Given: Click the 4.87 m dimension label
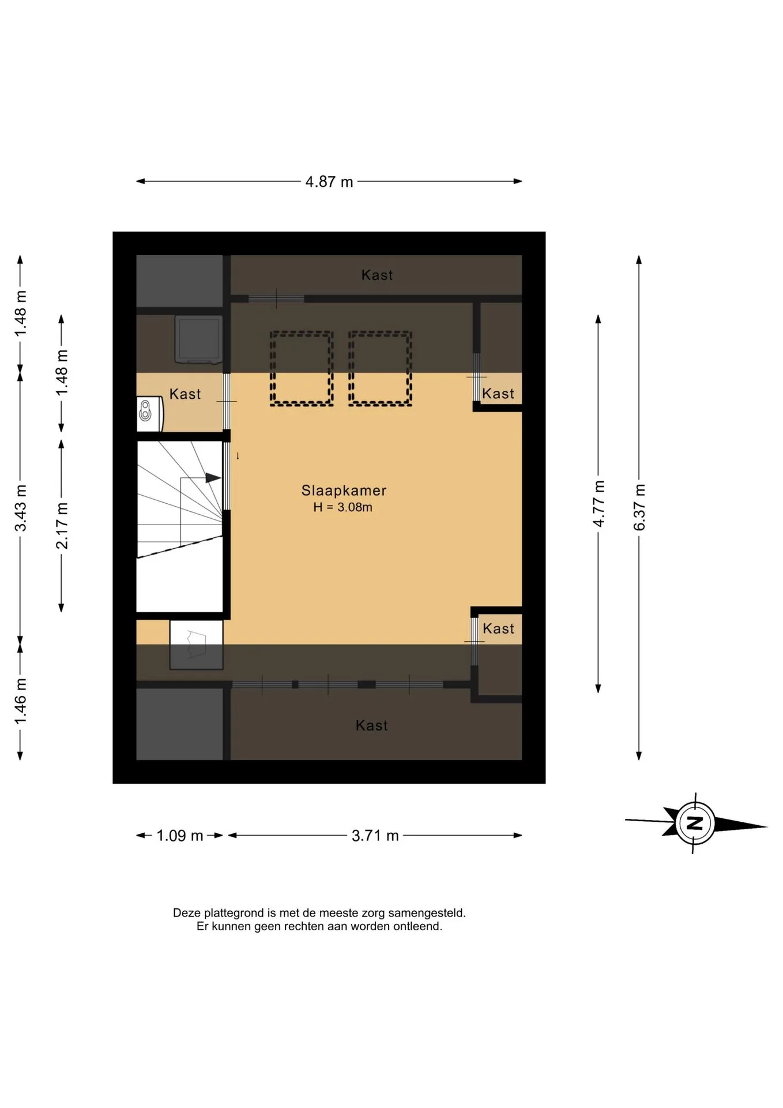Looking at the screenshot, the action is click(x=329, y=182).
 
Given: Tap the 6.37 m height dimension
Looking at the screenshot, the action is click(x=639, y=507).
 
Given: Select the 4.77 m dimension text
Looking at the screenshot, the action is click(x=598, y=504).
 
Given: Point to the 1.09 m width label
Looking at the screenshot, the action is click(x=180, y=836).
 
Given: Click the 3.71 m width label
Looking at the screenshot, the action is click(x=375, y=836).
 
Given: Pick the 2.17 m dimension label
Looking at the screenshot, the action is click(x=62, y=526).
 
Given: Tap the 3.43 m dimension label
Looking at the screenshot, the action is click(x=21, y=508).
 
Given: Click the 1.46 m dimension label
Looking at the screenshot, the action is click(x=21, y=702).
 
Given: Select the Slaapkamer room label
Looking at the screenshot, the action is click(x=344, y=491).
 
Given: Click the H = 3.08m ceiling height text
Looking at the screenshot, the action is click(x=343, y=507).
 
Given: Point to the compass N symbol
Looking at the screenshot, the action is click(x=696, y=823).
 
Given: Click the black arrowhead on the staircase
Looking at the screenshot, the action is click(x=213, y=478).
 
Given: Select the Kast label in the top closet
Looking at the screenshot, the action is click(x=377, y=275).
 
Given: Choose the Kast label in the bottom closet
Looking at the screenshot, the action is click(x=372, y=726).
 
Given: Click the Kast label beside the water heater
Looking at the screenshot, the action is click(x=185, y=394).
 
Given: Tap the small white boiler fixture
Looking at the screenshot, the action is click(x=150, y=414).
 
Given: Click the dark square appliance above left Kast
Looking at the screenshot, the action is click(x=199, y=340).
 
